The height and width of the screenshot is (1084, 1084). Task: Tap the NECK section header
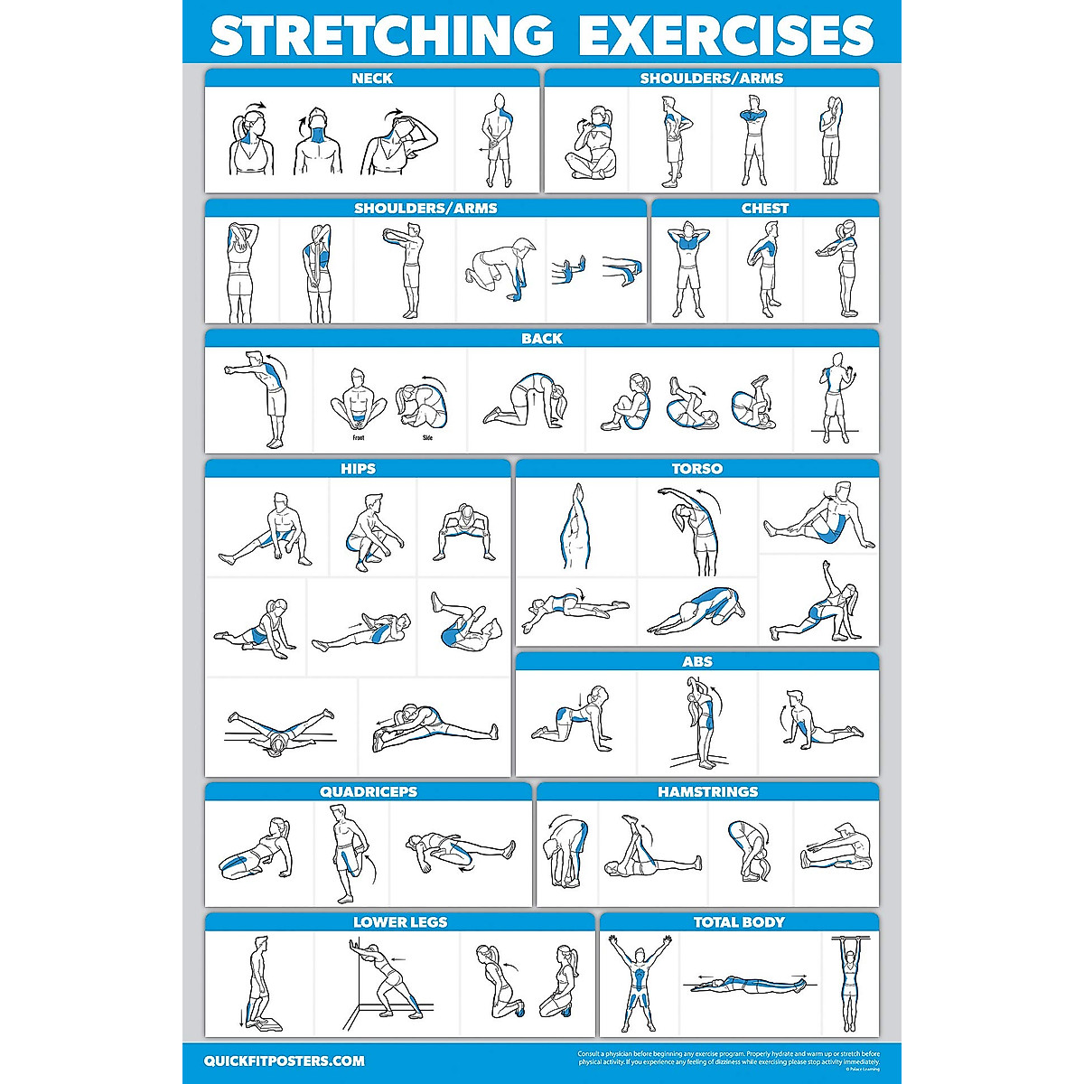coord(372,79)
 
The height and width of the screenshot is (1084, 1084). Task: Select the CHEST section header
coord(765,209)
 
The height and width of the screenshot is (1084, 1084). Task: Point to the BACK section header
coord(542,339)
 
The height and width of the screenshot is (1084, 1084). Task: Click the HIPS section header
coord(359,469)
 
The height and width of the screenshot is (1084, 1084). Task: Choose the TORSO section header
coord(697,469)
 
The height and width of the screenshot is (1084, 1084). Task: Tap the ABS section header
coord(697,662)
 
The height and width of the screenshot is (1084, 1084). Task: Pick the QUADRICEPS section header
coord(369,792)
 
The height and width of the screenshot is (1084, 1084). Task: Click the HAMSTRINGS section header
coord(708,792)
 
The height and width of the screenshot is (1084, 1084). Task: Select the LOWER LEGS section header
coord(400,922)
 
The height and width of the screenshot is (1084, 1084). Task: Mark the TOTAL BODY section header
coord(739,922)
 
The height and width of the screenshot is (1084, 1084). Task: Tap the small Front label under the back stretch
coord(359,438)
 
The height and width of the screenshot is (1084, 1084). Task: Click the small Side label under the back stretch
coord(427,438)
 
